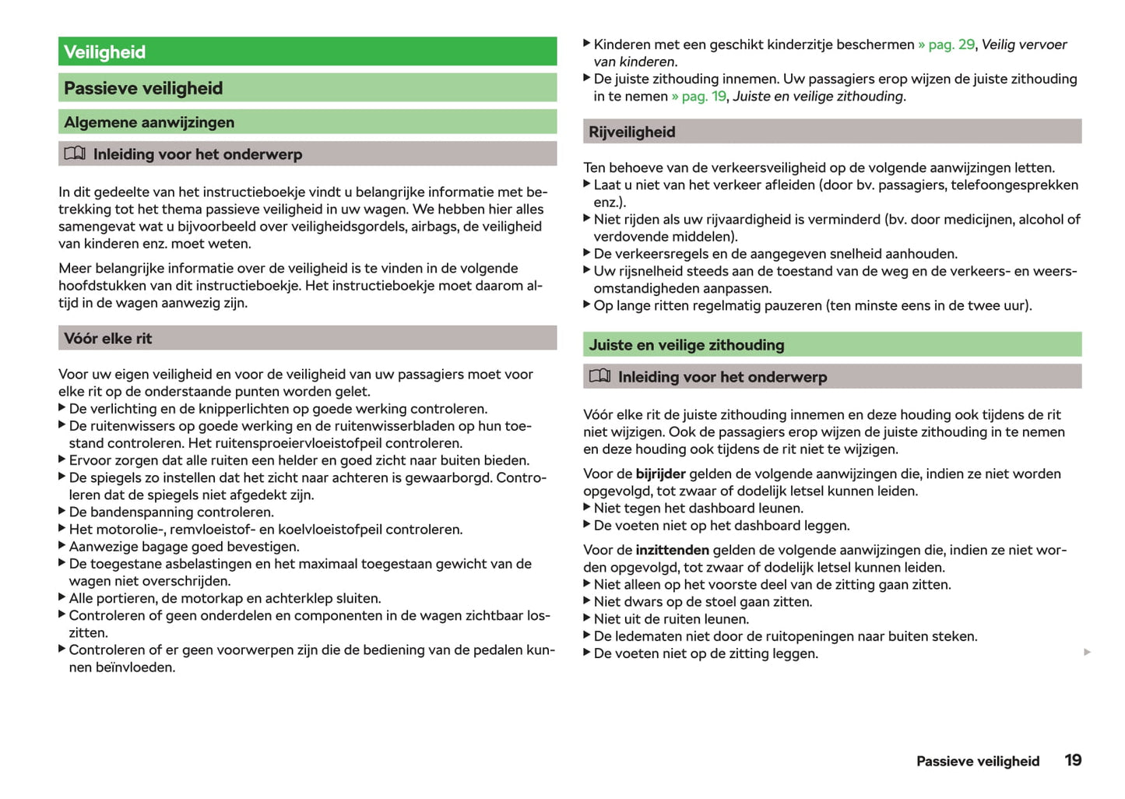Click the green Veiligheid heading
click(x=105, y=52)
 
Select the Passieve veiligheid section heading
click(x=143, y=89)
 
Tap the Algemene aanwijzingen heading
click(x=149, y=122)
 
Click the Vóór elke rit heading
click(x=108, y=339)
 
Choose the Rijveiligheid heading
click(x=631, y=132)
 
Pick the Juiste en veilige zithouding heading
click(x=686, y=345)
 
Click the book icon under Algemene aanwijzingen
click(x=75, y=153)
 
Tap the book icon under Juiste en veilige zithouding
click(x=599, y=376)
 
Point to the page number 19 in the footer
click(x=1073, y=760)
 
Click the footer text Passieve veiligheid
click(x=977, y=762)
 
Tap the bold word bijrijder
click(x=660, y=474)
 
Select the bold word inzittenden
click(x=672, y=551)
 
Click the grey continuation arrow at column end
click(x=1087, y=653)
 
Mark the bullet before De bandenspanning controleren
click(x=62, y=512)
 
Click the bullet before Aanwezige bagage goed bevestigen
click(x=62, y=546)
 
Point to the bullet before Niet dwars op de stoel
click(x=587, y=601)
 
